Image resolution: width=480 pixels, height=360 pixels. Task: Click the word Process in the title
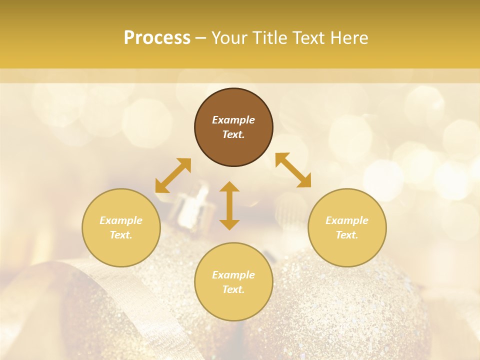(157, 38)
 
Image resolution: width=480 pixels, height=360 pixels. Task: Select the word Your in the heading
(229, 38)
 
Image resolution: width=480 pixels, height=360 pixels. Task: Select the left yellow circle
(121, 250)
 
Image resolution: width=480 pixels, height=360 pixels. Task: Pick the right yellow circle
(346, 250)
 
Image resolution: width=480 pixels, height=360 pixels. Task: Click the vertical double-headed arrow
(229, 205)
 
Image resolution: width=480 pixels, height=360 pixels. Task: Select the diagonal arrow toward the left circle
(173, 175)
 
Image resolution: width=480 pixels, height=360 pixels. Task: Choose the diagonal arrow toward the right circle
(293, 170)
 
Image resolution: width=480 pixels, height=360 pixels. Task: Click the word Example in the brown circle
(233, 120)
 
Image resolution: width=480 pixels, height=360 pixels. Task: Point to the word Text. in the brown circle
(233, 134)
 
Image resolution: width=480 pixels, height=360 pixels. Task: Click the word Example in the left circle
(121, 220)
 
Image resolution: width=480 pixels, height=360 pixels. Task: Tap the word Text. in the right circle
(346, 235)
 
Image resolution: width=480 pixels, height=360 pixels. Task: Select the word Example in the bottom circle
(233, 275)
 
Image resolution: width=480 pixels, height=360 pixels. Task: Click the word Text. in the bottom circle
(233, 289)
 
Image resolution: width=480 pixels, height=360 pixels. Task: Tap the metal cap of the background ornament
(192, 205)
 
